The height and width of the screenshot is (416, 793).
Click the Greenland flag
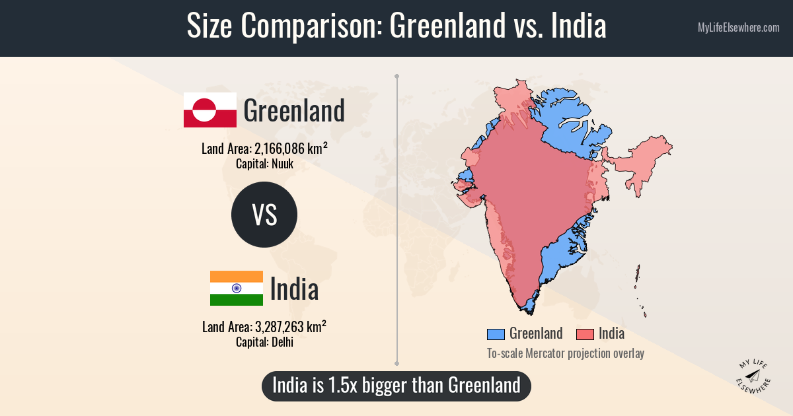[x=209, y=110]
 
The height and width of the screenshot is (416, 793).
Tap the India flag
[x=236, y=289]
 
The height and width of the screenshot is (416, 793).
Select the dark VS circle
[x=264, y=215]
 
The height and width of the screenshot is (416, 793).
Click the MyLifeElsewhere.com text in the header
[x=738, y=28]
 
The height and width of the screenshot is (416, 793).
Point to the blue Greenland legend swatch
[x=495, y=334]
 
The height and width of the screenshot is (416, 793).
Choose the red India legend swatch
[x=585, y=334]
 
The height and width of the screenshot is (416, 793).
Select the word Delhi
[x=282, y=342]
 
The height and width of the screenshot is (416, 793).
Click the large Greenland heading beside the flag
[x=294, y=111]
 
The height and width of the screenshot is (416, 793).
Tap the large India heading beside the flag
[x=294, y=289]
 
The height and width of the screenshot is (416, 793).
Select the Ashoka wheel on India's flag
[x=236, y=289]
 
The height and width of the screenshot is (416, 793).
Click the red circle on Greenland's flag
[x=202, y=110]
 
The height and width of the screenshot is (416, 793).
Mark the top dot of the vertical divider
[x=397, y=77]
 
